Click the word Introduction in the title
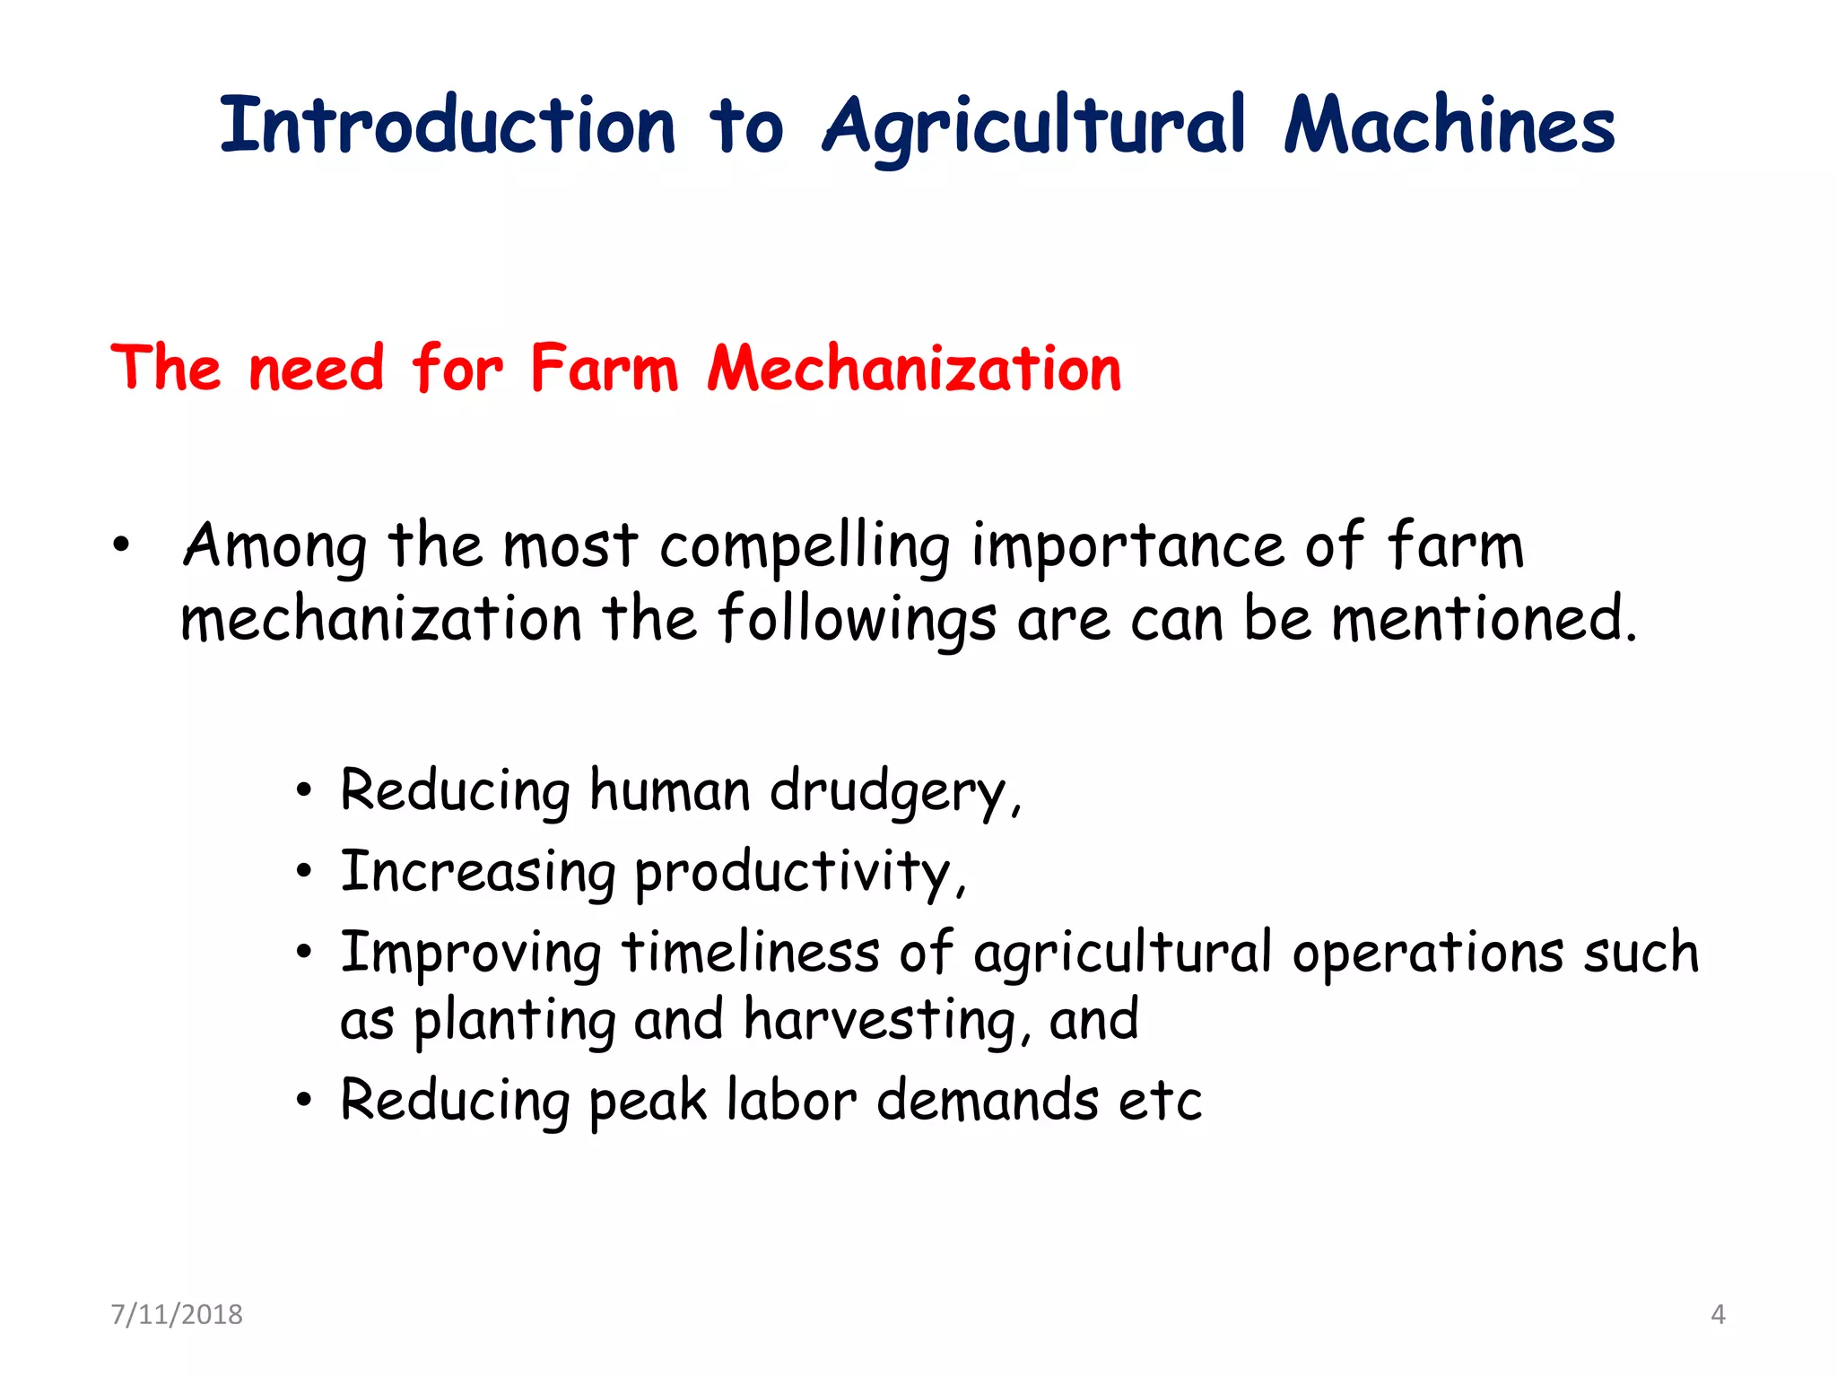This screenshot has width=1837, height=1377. (447, 125)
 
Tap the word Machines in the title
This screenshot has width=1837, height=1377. (1449, 125)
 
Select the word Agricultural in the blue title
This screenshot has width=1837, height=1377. (1034, 126)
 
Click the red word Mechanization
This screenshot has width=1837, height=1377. (914, 369)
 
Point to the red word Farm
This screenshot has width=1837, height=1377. (604, 369)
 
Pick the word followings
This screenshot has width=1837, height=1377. (857, 620)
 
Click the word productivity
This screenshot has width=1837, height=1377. (799, 873)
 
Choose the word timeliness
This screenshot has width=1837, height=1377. (751, 952)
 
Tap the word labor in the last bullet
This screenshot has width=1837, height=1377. (792, 1101)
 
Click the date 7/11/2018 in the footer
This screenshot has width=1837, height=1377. (177, 1314)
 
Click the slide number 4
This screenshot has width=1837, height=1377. (1718, 1314)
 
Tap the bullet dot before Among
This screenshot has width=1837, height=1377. (121, 545)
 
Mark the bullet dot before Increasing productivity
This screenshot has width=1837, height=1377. (305, 871)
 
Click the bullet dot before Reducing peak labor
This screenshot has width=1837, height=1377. (305, 1100)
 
